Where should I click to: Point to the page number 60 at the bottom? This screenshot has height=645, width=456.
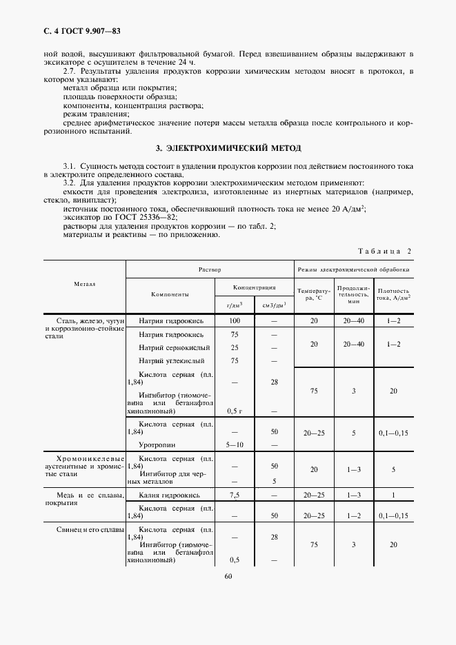(x=228, y=577)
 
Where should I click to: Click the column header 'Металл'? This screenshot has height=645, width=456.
(x=84, y=284)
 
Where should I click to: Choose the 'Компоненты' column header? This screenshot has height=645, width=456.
(x=169, y=294)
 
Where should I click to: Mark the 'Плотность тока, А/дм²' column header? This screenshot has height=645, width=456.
(x=394, y=294)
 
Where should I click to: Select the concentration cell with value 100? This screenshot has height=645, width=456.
(x=235, y=320)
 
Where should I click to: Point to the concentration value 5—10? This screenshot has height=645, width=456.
(x=235, y=444)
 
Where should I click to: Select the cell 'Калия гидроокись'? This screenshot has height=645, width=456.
(x=169, y=495)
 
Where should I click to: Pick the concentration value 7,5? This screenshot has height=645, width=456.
(x=235, y=495)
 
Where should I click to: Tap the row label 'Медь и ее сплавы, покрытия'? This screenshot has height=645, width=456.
(x=84, y=499)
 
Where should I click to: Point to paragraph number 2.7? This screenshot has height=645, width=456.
(x=70, y=71)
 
